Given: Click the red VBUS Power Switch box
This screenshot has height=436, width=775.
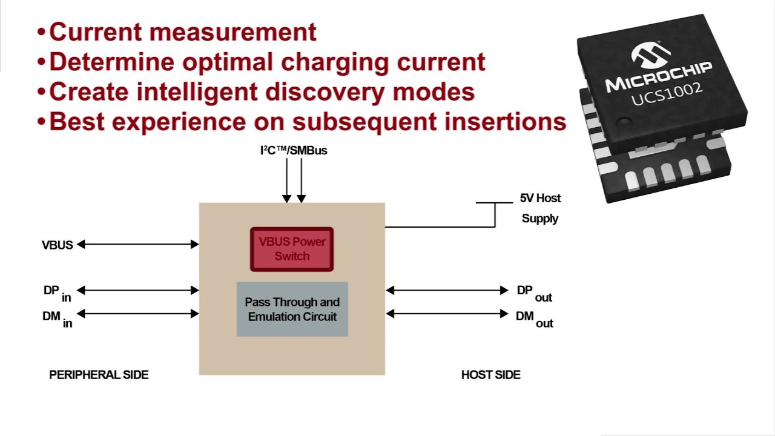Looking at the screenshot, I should pos(292,249).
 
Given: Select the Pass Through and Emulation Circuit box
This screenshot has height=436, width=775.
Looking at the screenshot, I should pos(292,309).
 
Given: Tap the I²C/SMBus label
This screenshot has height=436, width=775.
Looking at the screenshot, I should pos(294,150).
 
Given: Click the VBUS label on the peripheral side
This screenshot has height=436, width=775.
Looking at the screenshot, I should pos(57,245).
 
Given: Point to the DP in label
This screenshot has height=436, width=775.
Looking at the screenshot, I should pos(57,292).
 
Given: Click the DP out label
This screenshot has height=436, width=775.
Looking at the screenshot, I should pos(534,292).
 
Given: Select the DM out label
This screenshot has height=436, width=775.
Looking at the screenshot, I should pos(534,318).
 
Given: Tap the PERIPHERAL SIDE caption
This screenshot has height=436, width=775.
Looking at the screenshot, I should pos(99,375).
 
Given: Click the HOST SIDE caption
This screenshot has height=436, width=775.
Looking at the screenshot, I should pos(490,375).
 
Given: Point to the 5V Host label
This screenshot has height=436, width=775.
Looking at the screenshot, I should pos(540,198).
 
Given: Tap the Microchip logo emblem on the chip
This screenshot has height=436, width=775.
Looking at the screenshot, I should pos(651,54).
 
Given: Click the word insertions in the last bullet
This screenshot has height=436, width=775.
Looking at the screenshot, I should pos(505,122).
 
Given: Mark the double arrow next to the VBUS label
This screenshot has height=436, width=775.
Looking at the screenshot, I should pos(138,244).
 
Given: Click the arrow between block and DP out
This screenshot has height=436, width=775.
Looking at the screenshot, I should pos(447,290).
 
